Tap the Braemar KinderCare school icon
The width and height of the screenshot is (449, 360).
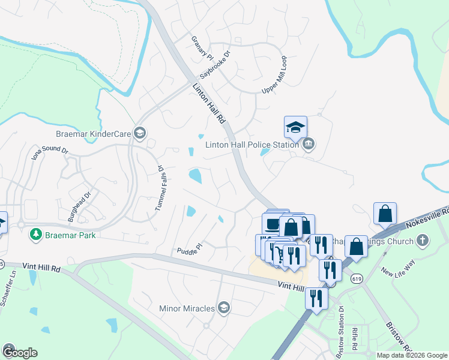140,133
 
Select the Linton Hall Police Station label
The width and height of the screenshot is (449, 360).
252,144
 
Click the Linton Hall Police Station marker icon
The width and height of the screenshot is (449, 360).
309,144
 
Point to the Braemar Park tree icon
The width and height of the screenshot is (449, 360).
37,235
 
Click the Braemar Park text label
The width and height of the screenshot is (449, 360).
70,235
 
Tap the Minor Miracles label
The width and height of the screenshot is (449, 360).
187,308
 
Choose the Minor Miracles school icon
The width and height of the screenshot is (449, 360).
223,308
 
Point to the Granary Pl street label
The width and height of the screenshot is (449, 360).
202,47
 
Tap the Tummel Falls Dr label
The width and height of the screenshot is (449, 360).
160,187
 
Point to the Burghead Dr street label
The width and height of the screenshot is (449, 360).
79,206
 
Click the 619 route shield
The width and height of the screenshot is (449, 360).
357,278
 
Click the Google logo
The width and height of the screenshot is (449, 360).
19,352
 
